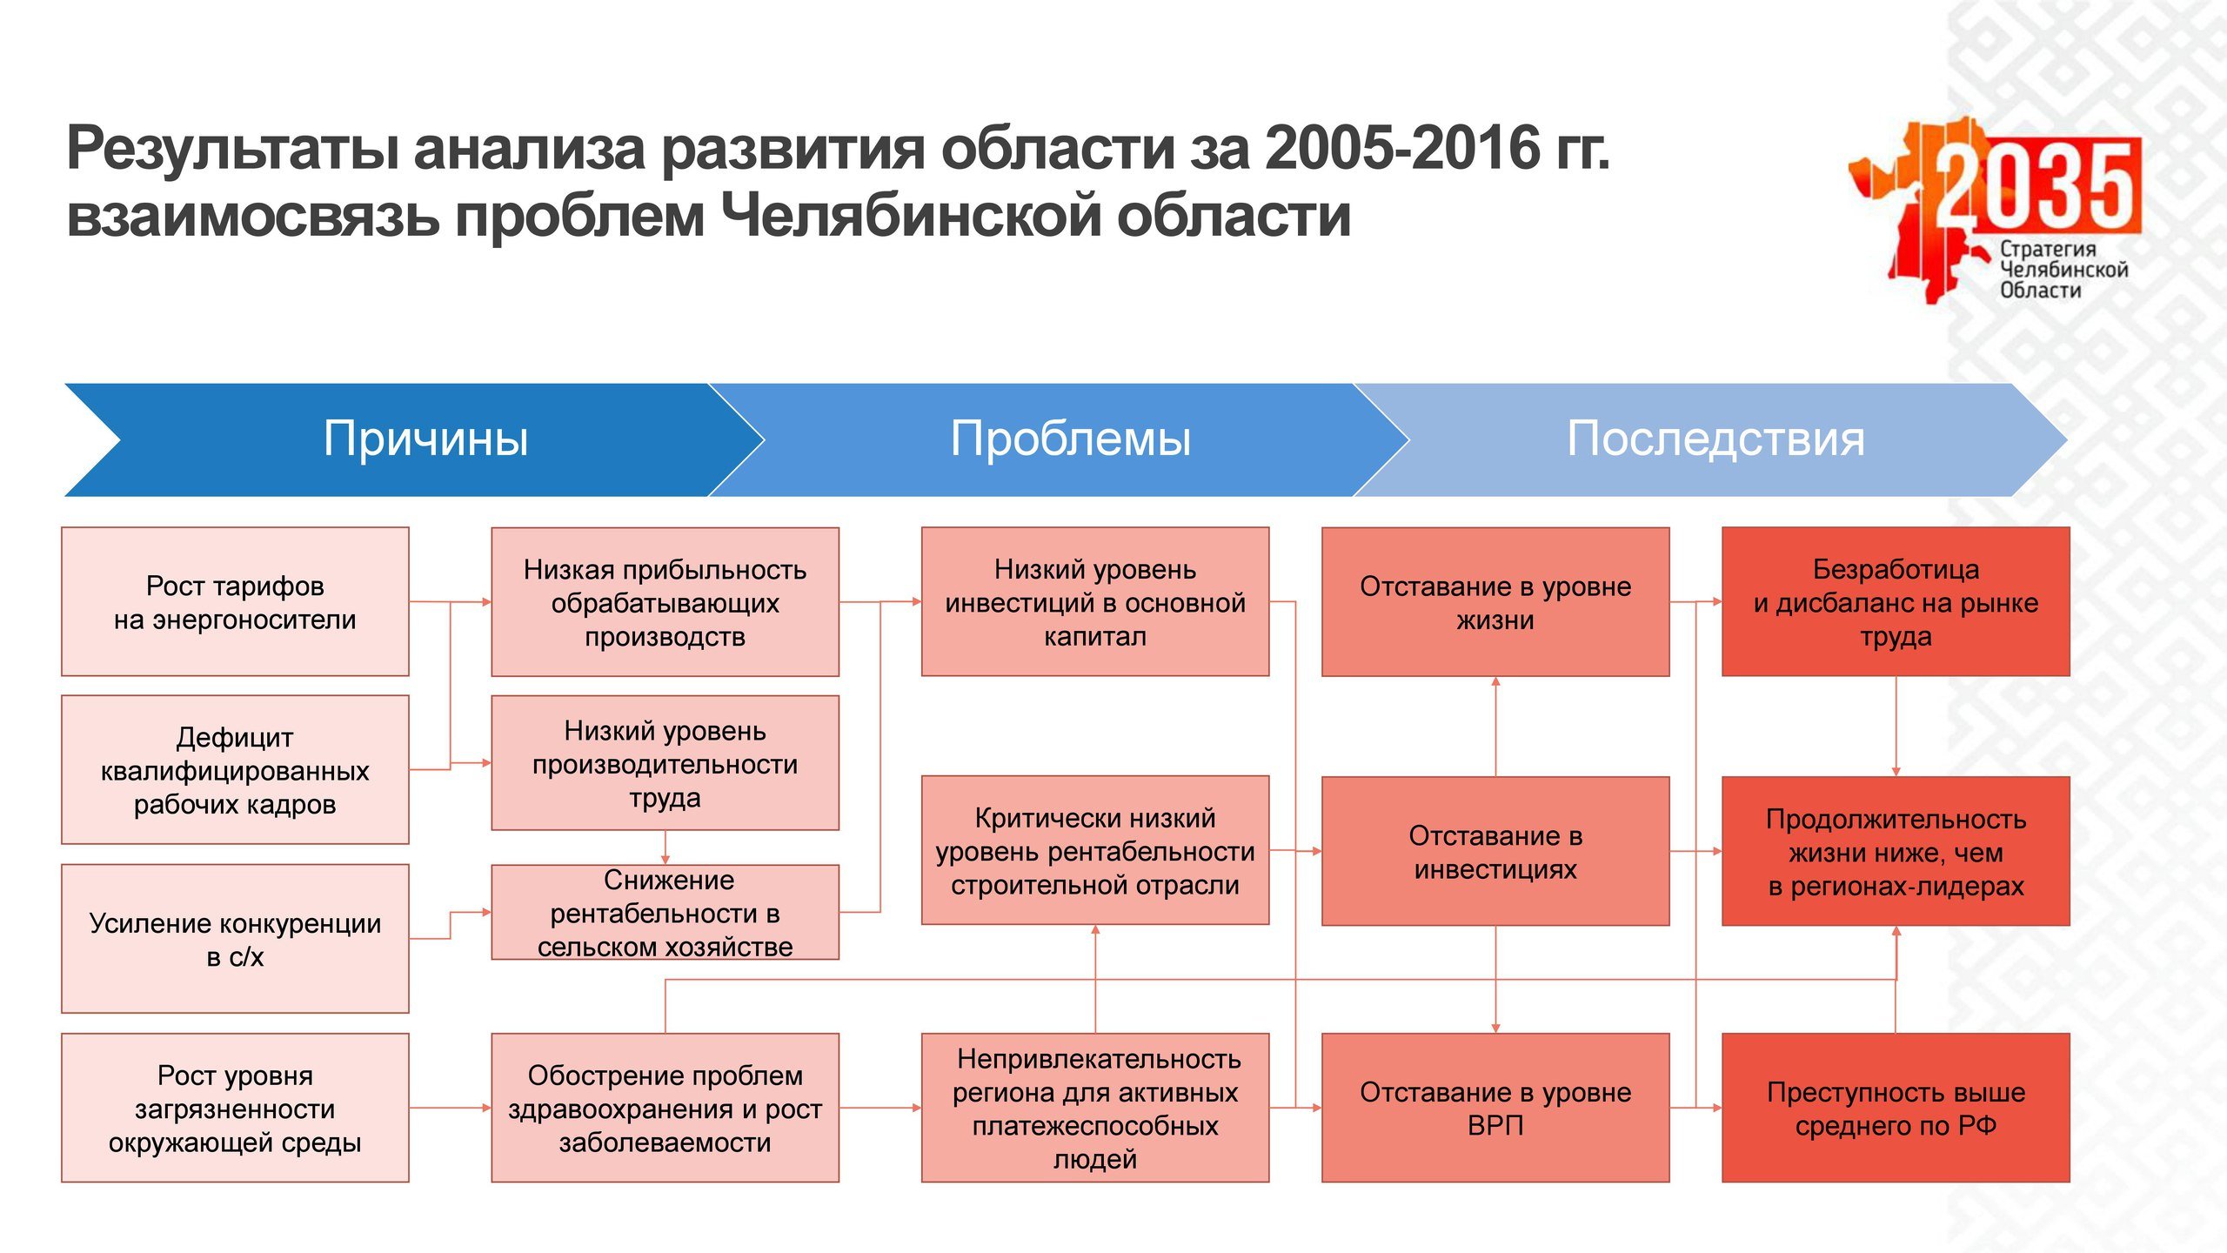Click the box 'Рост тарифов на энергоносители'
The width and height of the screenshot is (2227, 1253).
pyautogui.click(x=235, y=601)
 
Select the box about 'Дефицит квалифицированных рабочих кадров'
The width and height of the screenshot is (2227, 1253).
pyautogui.click(x=235, y=769)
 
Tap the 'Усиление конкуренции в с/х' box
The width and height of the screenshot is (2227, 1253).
pyautogui.click(x=235, y=938)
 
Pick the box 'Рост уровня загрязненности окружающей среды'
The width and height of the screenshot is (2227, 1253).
pyautogui.click(x=235, y=1108)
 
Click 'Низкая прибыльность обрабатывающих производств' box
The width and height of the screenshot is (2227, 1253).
pyautogui.click(x=665, y=601)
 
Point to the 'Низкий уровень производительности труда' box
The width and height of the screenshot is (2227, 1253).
pyautogui.click(x=665, y=762)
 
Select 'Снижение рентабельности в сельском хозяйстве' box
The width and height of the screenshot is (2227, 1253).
pyautogui.click(x=665, y=912)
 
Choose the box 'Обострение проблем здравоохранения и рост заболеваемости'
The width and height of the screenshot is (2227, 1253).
pyautogui.click(x=665, y=1108)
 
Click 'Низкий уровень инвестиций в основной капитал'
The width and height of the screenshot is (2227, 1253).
pyautogui.click(x=1095, y=601)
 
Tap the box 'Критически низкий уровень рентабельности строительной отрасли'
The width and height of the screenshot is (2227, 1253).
pyautogui.click(x=1095, y=850)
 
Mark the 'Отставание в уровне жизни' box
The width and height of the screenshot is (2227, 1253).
pyautogui.click(x=1495, y=601)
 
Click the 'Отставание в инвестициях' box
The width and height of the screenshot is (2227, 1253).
pyautogui.click(x=1495, y=850)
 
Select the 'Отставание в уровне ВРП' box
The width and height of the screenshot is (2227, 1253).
pyautogui.click(x=1495, y=1108)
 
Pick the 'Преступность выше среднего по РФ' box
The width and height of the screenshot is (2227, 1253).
pyautogui.click(x=1896, y=1108)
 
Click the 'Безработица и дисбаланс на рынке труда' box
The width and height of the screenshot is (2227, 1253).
pyautogui.click(x=1896, y=601)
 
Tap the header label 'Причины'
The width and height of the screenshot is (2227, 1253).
pyautogui.click(x=426, y=438)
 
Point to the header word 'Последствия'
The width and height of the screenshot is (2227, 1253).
pyautogui.click(x=1715, y=438)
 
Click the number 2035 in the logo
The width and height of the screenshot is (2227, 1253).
pyautogui.click(x=2036, y=184)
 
